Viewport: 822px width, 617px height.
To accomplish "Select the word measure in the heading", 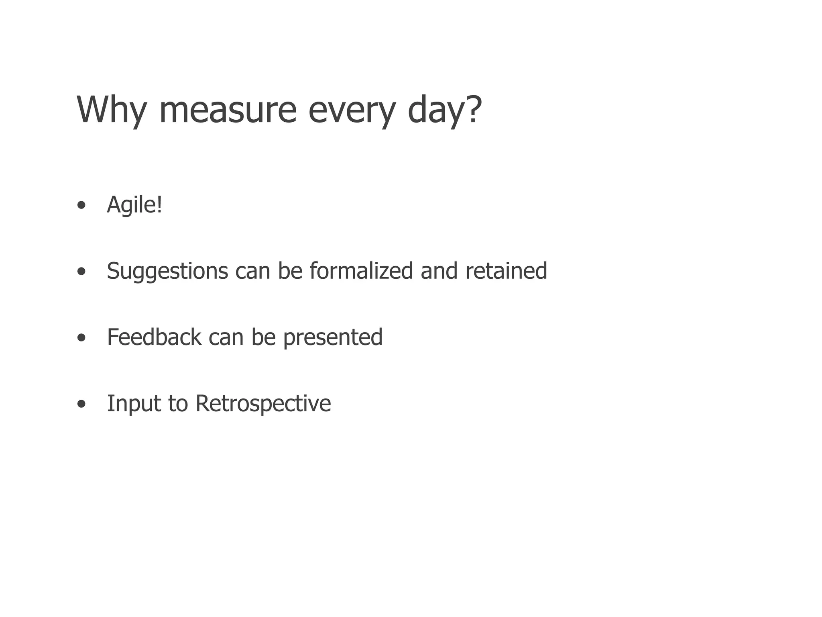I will (228, 110).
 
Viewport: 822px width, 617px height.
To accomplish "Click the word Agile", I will (132, 204).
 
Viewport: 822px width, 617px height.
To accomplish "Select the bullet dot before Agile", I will (81, 206).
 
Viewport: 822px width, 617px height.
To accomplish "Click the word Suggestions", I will (167, 271).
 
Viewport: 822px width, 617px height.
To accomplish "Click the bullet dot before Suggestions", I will (81, 272).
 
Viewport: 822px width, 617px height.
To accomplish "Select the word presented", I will (333, 337).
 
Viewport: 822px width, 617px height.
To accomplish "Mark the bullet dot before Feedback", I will (81, 338).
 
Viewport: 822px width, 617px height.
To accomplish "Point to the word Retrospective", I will (263, 404).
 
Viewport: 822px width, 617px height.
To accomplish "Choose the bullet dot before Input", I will (81, 405).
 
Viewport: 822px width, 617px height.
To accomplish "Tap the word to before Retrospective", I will (178, 403).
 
